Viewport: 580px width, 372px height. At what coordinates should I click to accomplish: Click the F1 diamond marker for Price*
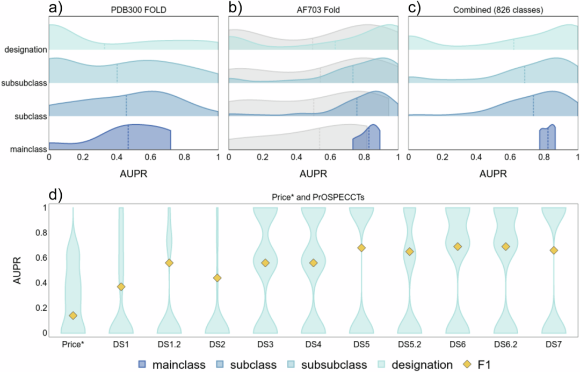point(73,316)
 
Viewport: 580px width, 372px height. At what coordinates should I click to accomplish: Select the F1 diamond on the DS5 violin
point(361,248)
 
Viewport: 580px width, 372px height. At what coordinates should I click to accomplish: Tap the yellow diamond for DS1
point(121,287)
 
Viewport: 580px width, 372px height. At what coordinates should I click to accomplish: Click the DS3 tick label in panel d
point(265,343)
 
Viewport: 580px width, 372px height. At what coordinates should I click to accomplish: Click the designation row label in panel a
point(25,50)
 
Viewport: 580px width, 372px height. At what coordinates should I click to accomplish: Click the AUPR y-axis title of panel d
point(19,270)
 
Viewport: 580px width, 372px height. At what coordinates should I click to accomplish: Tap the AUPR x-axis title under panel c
point(493,175)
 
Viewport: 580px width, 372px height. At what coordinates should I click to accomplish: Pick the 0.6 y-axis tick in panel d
point(44,257)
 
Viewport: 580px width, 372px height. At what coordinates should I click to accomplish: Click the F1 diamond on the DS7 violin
point(553,251)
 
